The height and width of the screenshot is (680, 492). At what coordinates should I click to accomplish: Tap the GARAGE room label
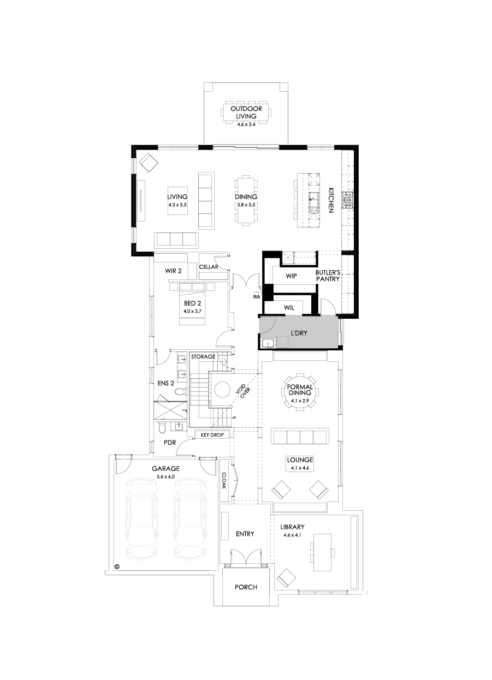[165, 468]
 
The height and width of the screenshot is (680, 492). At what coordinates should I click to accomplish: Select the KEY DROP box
[212, 435]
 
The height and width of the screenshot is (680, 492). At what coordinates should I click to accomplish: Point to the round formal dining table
[299, 392]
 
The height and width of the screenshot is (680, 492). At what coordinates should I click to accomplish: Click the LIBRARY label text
[292, 527]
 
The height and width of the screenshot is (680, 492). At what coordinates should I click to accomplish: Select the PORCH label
[246, 587]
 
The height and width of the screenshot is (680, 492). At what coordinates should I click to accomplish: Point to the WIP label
[291, 276]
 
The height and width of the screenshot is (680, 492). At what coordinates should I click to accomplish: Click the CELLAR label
[209, 267]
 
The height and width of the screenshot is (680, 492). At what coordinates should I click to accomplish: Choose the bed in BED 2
[192, 306]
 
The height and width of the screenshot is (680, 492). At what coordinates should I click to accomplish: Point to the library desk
[322, 552]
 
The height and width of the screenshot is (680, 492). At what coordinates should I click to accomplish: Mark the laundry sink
[268, 343]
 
